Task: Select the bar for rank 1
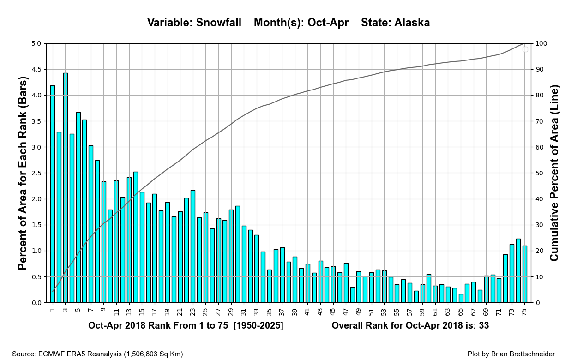coord(53,194)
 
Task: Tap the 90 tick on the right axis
coord(540,70)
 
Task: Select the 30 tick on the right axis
coord(540,225)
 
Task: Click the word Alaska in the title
coord(412,23)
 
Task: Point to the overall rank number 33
coord(483,326)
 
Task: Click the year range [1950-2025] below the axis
coord(258,326)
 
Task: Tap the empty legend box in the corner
coord(525,49)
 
